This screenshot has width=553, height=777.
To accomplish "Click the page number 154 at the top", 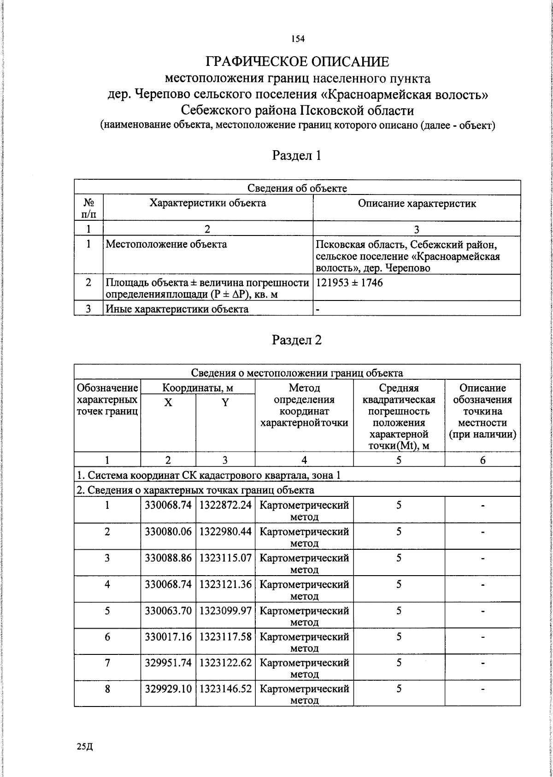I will [x=298, y=39].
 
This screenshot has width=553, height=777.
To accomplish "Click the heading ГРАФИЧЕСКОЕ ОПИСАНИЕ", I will [x=297, y=62].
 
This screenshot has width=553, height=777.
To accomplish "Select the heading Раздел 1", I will [x=297, y=155].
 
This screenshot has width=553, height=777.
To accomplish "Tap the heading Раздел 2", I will [x=297, y=340].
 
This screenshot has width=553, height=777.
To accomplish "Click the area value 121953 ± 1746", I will [x=349, y=283].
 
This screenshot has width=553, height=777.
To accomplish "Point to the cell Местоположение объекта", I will [x=166, y=244].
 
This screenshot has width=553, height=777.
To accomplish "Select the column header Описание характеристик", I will [x=417, y=203].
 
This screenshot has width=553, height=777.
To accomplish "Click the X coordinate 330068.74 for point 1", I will [x=168, y=505].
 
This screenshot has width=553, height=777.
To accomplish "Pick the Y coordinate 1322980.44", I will [x=225, y=531].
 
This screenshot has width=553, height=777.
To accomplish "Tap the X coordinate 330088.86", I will [x=168, y=558].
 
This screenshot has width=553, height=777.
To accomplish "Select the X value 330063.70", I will [x=168, y=611].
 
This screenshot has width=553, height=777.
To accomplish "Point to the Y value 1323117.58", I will [x=225, y=637].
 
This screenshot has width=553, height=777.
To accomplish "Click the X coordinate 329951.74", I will [x=168, y=663].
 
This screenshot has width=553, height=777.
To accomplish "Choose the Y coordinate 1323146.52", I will [x=225, y=689].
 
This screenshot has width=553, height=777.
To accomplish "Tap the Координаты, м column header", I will [x=198, y=388].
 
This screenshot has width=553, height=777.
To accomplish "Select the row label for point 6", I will [x=107, y=637].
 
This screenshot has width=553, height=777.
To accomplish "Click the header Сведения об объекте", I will [x=297, y=188].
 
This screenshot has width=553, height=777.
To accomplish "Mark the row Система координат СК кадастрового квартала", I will [x=208, y=475].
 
